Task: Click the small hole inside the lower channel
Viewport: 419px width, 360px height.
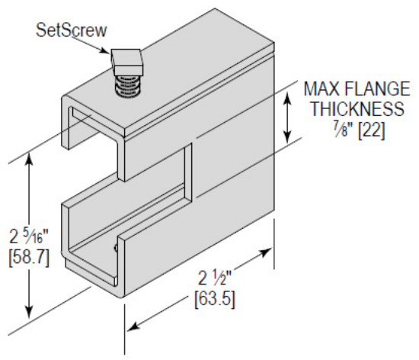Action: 116,246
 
